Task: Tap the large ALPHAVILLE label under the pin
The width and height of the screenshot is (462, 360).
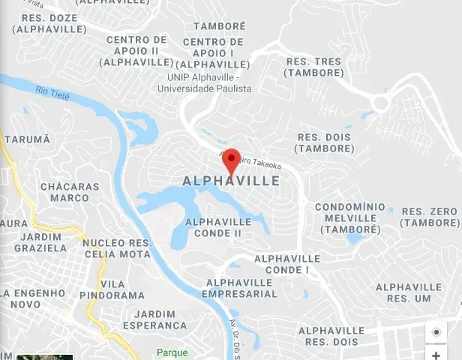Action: coord(231,181)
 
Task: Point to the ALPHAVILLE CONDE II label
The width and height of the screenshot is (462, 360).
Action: coord(218,227)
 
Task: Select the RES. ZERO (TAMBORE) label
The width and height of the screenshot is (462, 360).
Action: coord(430,217)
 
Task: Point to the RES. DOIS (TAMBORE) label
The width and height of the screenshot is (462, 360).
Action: coord(324,142)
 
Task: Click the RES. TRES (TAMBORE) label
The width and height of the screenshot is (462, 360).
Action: coord(313,67)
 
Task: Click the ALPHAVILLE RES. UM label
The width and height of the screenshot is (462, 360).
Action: coord(409,292)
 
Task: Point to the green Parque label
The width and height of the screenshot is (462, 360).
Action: coord(172,352)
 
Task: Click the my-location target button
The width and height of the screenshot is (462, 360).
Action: coord(436,331)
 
